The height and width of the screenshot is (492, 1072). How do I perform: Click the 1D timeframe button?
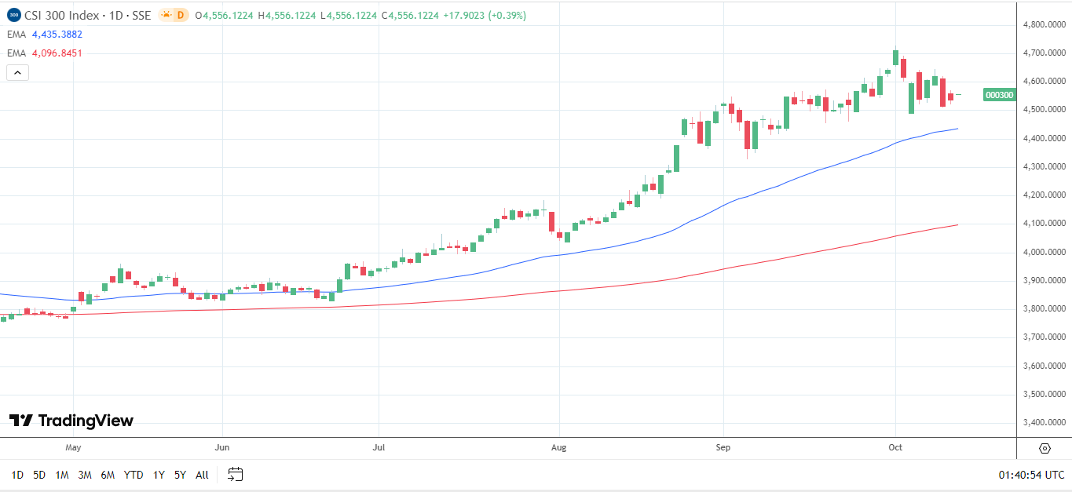17,475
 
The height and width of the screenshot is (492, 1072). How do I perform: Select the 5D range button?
39,475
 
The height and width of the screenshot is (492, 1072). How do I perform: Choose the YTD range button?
134,475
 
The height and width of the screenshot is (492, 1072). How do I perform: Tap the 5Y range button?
180,475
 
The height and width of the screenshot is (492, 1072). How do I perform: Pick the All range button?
202,475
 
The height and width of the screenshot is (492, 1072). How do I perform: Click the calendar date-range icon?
236,474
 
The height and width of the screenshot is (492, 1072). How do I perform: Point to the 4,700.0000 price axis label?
1044,53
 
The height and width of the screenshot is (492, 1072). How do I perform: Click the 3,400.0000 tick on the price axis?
1044,422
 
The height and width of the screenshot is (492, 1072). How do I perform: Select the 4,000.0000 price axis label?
1044,252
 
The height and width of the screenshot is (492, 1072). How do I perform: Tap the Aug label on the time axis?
558,448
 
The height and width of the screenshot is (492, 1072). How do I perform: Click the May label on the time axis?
73,448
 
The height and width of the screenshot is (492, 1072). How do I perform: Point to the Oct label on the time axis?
895,448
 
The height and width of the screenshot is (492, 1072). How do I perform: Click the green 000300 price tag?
999,95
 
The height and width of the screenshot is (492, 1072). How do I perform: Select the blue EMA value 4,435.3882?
56,35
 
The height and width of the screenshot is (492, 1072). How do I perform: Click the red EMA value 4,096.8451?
56,53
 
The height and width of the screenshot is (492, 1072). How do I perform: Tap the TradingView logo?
71,421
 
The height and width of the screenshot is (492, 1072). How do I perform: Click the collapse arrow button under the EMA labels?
17,73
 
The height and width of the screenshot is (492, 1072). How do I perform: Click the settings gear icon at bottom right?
1045,448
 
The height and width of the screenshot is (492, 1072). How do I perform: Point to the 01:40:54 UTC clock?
1031,475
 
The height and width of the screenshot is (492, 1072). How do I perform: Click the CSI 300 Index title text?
64,15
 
